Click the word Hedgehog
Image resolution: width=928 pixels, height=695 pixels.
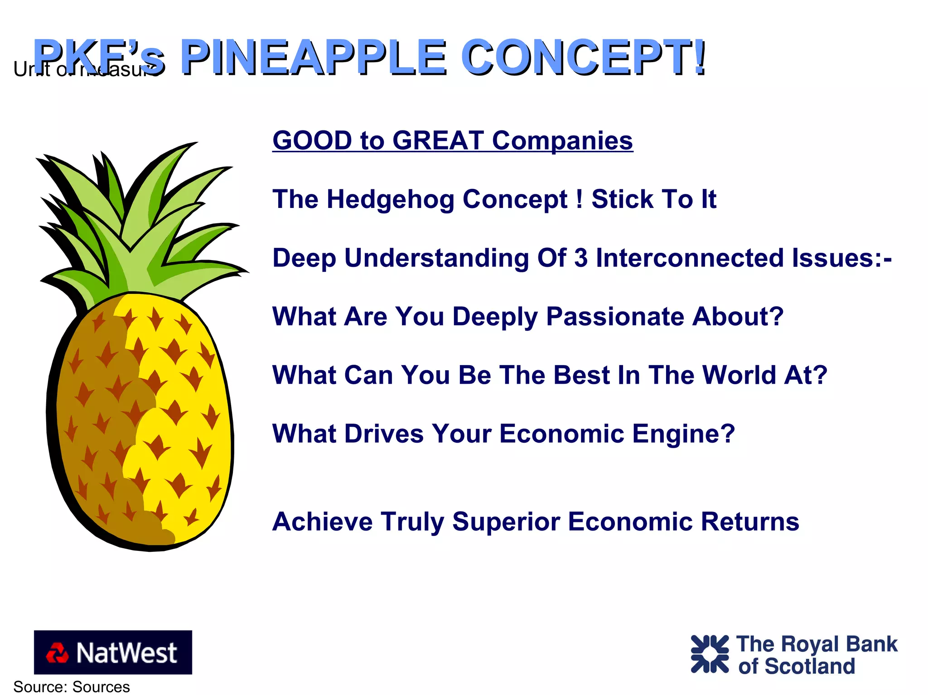click(390, 200)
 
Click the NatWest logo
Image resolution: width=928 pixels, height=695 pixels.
click(113, 652)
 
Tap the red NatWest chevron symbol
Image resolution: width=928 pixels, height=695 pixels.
click(57, 653)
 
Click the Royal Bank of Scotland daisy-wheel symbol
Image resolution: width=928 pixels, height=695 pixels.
click(709, 654)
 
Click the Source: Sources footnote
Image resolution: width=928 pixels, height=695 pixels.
click(72, 687)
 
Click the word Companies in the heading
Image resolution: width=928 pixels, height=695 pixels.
click(562, 140)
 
